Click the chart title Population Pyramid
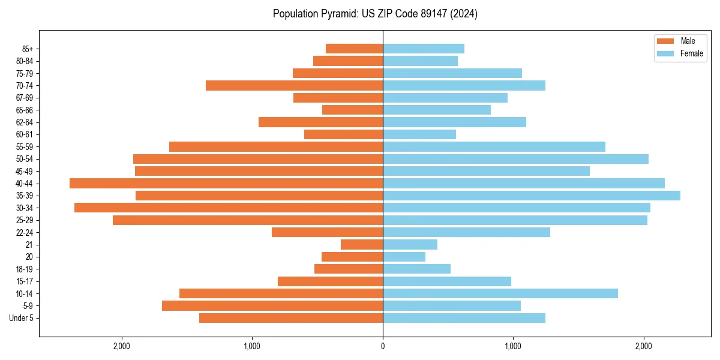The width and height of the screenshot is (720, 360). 375,14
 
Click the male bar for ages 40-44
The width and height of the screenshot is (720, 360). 226,183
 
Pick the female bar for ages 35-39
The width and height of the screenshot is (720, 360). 532,196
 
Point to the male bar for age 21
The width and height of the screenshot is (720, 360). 362,245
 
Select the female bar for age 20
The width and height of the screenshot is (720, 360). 404,257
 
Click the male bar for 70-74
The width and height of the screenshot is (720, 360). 294,85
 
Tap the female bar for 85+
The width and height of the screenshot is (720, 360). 424,49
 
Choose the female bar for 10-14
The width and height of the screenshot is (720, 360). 500,293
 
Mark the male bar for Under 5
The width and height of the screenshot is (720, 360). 291,318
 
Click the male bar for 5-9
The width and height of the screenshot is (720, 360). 272,306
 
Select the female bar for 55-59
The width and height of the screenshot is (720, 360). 494,146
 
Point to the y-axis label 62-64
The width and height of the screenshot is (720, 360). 25,122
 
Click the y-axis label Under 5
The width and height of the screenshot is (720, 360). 22,318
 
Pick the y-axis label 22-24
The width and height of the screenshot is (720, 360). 25,232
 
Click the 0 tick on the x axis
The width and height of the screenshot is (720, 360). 383,346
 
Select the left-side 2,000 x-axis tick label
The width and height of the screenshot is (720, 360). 122,346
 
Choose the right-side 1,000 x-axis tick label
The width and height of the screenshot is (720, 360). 513,346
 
